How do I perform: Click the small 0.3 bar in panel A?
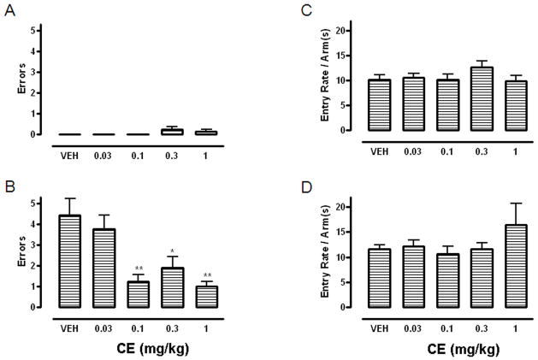coord(173,132)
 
